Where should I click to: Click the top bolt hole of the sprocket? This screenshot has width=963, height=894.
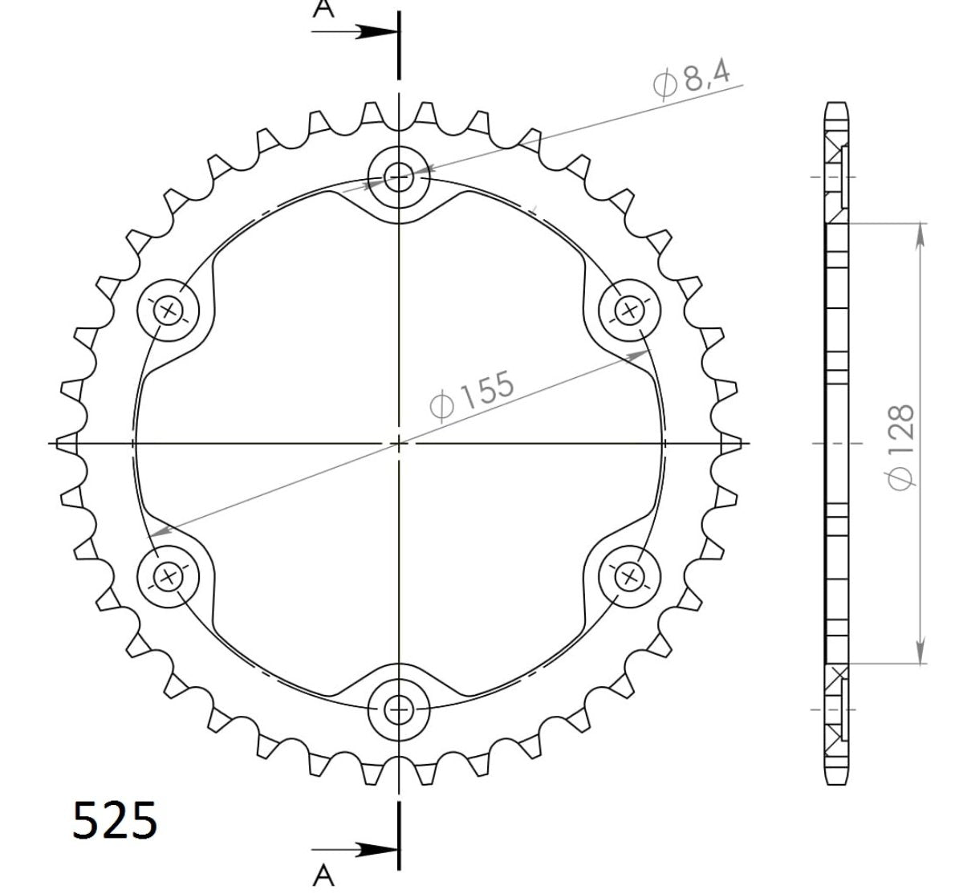click(398, 176)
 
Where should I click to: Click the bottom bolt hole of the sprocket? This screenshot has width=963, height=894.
click(398, 709)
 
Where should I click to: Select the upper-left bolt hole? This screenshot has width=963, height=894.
click(169, 309)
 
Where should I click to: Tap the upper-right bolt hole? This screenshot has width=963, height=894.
click(629, 309)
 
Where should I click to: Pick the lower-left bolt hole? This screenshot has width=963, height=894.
click(169, 575)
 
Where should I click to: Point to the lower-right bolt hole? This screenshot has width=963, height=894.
click(629, 575)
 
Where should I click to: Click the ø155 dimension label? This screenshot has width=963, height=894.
click(472, 395)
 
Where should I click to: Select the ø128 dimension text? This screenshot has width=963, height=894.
click(899, 445)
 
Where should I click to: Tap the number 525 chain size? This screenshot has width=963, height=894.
click(115, 820)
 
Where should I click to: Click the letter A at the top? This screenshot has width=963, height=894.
click(323, 9)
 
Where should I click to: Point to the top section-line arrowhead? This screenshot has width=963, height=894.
click(377, 32)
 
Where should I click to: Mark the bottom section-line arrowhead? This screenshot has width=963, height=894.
click(377, 851)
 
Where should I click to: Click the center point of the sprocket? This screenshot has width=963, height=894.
click(398, 442)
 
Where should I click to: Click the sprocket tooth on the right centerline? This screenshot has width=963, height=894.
click(729, 442)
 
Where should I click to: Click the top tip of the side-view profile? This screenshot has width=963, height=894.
click(835, 105)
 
